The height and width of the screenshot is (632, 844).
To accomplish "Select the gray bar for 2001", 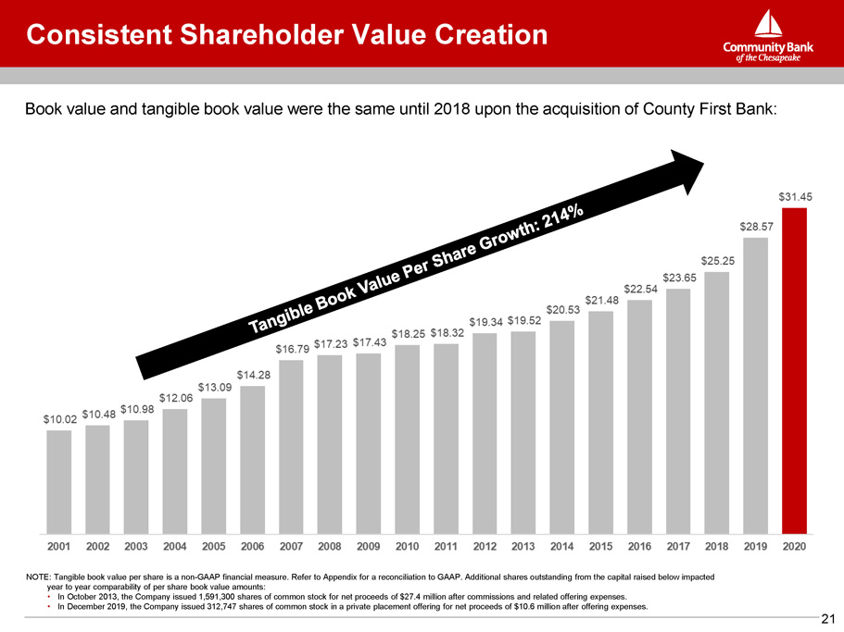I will click(58, 481).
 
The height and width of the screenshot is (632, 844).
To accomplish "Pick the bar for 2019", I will click(755, 385).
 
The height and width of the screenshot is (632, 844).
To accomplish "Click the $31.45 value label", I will click(795, 197).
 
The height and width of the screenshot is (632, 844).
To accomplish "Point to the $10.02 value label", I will click(60, 419).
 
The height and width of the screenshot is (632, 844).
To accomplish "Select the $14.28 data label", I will click(253, 375).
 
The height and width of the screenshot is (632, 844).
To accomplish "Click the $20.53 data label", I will click(562, 309).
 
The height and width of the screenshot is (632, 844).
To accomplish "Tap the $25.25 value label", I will click(717, 260).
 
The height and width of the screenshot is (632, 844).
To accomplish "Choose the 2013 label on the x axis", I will click(523, 548).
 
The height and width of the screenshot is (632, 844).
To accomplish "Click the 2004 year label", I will click(175, 548).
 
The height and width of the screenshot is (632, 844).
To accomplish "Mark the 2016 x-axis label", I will click(639, 548).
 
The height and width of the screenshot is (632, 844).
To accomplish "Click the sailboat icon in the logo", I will click(767, 25).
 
